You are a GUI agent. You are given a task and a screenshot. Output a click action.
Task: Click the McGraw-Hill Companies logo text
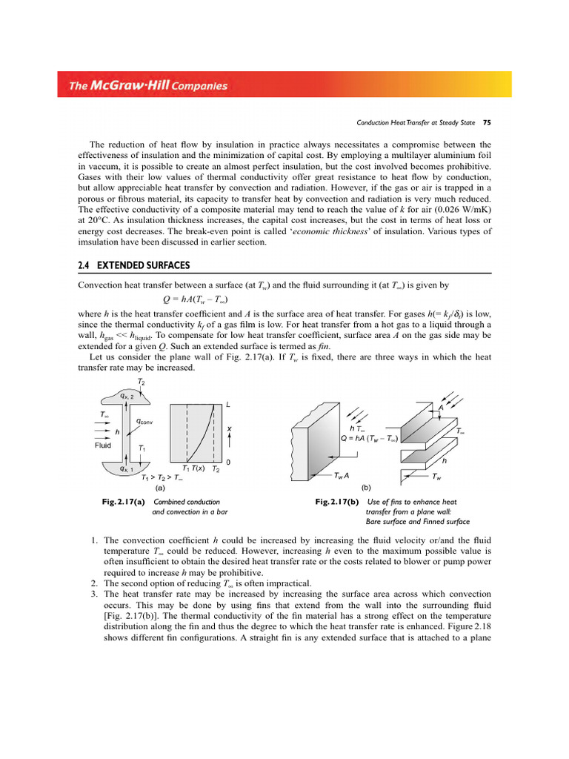click(x=148, y=86)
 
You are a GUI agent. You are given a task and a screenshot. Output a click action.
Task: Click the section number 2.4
click(x=85, y=265)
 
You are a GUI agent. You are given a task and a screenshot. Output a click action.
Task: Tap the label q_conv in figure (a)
click(x=144, y=421)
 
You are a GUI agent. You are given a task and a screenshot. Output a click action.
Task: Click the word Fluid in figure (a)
click(x=103, y=445)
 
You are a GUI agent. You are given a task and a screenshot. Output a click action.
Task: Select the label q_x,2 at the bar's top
click(x=127, y=397)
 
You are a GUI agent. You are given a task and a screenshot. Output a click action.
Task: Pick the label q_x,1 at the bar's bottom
click(x=117, y=468)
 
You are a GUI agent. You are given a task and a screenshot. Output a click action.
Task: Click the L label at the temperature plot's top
click(x=228, y=405)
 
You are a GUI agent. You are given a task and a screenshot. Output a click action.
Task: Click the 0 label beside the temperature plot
click(x=227, y=463)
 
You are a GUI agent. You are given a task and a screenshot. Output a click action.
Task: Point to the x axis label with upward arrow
click(x=229, y=433)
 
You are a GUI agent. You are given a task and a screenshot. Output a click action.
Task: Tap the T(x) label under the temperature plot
click(x=195, y=469)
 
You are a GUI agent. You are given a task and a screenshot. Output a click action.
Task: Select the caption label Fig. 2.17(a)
click(x=123, y=502)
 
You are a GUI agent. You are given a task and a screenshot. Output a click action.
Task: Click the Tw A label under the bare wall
click(x=342, y=475)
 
